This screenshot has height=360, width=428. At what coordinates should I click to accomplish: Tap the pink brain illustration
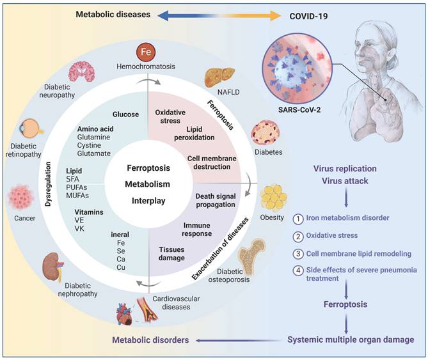click(81, 72)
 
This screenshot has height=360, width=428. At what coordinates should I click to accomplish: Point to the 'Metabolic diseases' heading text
click(113, 13)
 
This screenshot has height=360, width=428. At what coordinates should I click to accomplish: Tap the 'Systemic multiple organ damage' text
click(346, 340)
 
